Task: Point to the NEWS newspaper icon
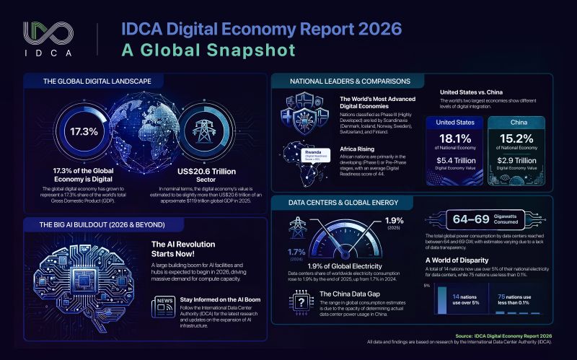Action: (164, 307)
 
